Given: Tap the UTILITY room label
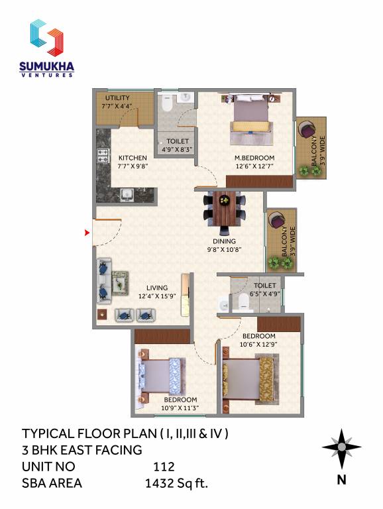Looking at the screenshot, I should tap(117, 97).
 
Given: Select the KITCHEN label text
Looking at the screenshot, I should tap(133, 158).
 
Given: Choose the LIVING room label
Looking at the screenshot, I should tap(157, 288).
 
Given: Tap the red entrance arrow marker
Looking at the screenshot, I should tap(86, 232).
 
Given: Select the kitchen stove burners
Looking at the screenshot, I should tap(103, 157).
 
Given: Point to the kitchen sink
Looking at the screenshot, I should tap(126, 195).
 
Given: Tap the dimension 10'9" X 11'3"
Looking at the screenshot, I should tap(181, 408).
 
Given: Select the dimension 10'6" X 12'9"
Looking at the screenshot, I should tap(259, 343).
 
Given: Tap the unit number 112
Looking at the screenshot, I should tap(164, 467).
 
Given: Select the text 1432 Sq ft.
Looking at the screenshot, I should tap(176, 483).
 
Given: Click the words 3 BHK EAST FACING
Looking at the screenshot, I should tap(82, 451).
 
